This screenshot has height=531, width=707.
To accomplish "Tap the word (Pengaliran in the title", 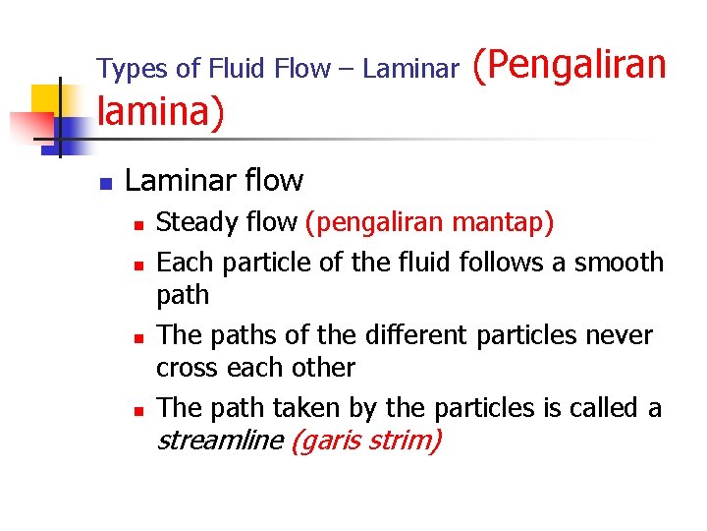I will [x=570, y=64].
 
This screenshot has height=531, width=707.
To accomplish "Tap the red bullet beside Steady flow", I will [x=139, y=225].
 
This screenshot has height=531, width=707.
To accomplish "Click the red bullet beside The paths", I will [x=139, y=337].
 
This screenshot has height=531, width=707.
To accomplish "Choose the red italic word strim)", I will [x=406, y=441].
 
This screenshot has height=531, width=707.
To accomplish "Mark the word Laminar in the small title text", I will [x=410, y=69].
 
